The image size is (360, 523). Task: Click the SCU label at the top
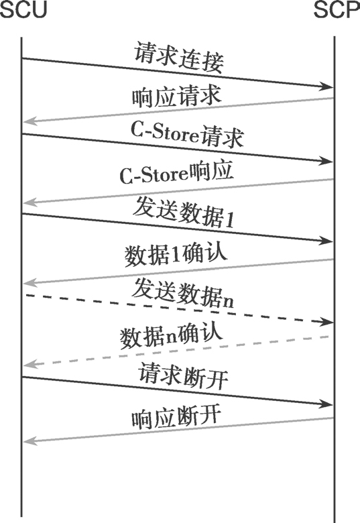pos(23,9)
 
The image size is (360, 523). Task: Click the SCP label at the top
pos(337,9)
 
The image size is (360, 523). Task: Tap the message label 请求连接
pos(179,58)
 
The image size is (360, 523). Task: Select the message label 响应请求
pos(177,96)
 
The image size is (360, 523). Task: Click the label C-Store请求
pos(187,134)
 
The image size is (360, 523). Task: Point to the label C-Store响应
pos(176,172)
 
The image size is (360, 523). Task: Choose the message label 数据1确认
pos(176,255)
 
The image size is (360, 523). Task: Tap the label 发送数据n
pos(183,293)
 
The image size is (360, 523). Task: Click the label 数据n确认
pos(171,336)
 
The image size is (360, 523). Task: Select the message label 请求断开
pos(183,376)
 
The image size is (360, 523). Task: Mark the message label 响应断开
pos(176,417)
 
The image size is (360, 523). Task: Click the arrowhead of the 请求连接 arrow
pos(326,86)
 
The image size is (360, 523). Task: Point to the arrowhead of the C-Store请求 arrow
pos(326,161)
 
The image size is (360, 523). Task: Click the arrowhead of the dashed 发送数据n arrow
pos(326,322)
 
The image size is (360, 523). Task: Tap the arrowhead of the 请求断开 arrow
pos(326,404)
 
